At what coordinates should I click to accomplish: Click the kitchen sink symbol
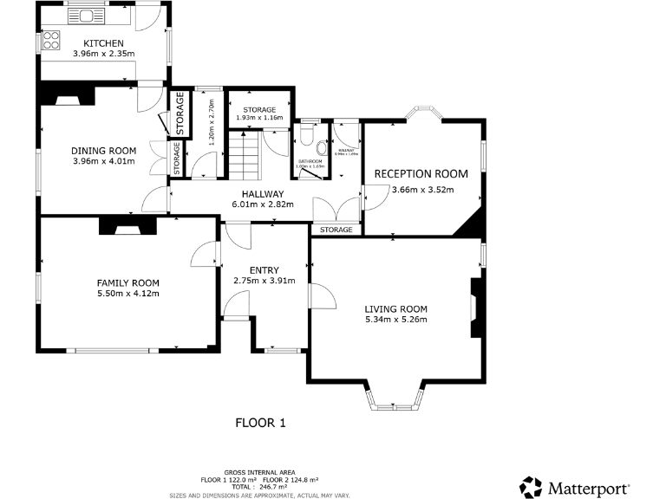(x=87, y=15)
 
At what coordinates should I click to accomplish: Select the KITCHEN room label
(x=103, y=43)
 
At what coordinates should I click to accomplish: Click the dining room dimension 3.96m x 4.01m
(x=103, y=160)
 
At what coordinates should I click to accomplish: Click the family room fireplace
(x=126, y=226)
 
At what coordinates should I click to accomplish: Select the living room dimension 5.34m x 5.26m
(x=395, y=320)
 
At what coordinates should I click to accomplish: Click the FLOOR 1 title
(x=260, y=423)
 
